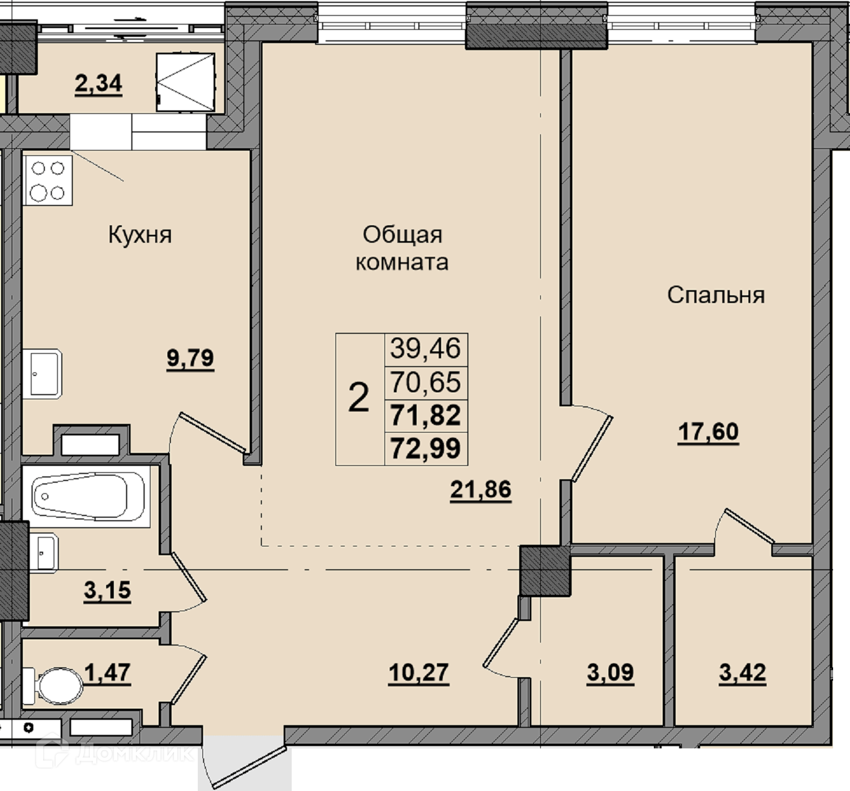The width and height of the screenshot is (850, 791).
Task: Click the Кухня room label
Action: pos(139,235)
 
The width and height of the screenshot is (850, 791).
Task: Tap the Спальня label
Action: pos(716,295)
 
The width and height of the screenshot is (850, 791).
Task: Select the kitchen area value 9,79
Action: pos(190,358)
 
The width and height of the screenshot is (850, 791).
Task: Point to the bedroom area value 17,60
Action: pos(708,431)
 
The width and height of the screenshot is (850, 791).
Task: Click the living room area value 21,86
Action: pos(481,489)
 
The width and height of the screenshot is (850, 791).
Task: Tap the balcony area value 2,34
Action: pos(99,83)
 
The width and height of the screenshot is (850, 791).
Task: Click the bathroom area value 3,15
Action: pos(107,590)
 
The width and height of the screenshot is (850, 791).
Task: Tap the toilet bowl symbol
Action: pos(53,686)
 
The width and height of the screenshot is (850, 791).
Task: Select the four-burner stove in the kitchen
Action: pos(48,180)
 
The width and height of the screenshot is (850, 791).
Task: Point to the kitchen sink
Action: pos(42,374)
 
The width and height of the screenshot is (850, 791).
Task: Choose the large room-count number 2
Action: pos(359,398)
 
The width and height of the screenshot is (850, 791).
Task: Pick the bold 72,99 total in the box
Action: pos(425,448)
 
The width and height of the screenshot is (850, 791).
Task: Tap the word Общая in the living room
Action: pos(403,235)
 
